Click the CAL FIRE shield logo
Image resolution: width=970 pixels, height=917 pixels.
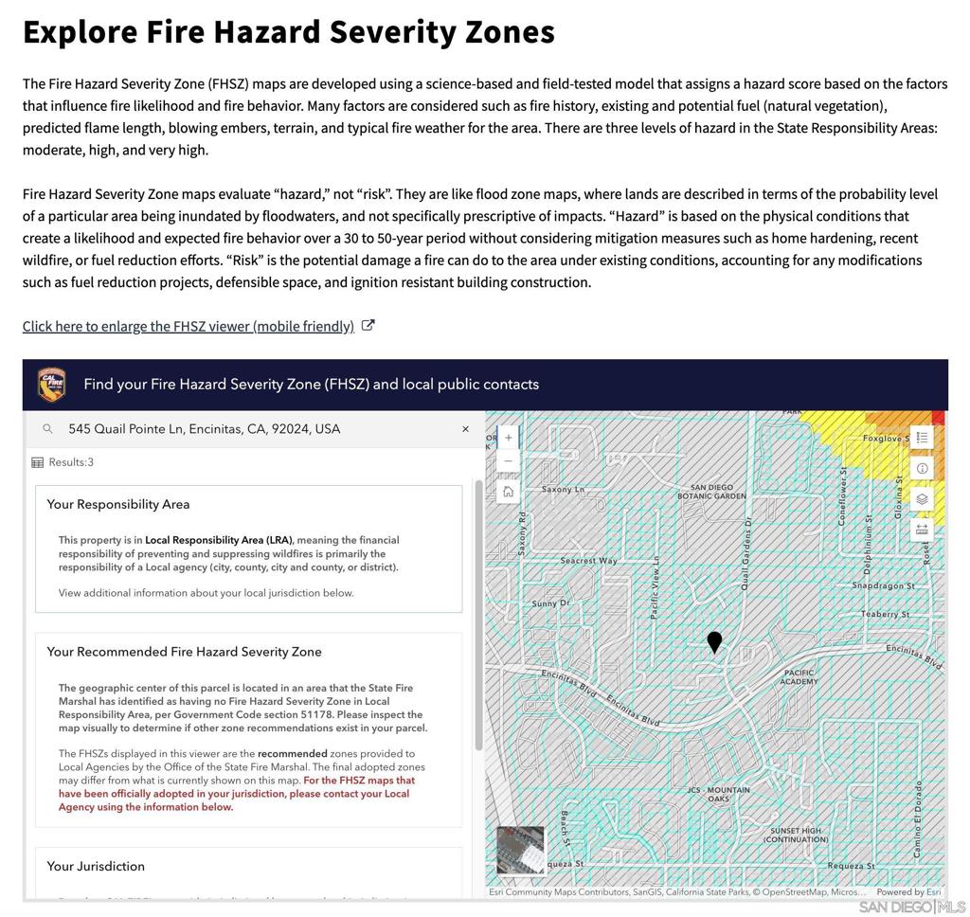pos(51,385)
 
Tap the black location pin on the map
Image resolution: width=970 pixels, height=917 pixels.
pos(714,642)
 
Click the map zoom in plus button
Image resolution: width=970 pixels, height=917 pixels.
pos(509,438)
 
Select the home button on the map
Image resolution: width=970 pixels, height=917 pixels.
pos(509,491)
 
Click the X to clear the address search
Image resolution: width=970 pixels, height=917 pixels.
pos(465,429)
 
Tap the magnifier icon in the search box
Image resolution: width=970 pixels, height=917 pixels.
pos(47,429)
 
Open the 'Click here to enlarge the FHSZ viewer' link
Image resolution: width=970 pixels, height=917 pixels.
pos(189,327)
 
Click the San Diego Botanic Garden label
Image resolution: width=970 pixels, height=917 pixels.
pos(712,492)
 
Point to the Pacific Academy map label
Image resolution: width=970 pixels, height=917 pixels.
pos(799,677)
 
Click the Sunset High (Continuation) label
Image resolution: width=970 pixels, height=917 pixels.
pos(796,835)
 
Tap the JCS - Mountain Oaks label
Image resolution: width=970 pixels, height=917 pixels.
pos(719,794)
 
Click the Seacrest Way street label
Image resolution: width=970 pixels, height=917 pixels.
pos(588,561)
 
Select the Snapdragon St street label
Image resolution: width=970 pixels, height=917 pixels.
pos(883,586)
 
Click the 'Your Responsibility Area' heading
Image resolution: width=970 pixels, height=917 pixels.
pos(118,504)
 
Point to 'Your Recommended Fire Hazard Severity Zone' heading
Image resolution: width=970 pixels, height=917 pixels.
pos(185,652)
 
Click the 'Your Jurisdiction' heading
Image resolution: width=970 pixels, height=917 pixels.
pos(96,866)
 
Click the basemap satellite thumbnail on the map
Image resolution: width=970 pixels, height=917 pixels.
pos(520,849)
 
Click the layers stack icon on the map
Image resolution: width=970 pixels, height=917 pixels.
pos(922,498)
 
